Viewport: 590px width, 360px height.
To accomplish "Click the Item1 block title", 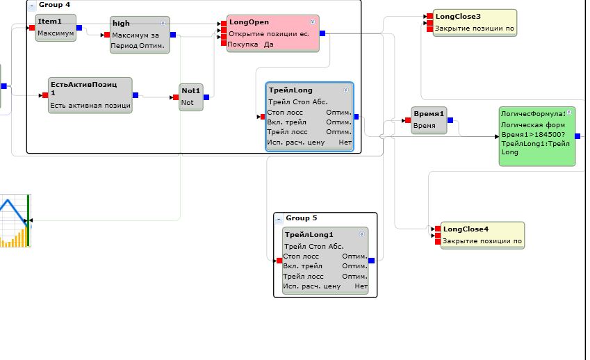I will [49, 22].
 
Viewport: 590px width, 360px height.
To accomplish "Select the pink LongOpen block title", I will [249, 22].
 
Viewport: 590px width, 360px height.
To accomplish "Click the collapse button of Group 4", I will [32, 5].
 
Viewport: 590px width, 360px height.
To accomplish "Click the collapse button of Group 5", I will [279, 219].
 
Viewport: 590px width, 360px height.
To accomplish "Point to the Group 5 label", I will [302, 218].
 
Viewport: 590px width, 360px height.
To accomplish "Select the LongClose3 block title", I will [457, 16].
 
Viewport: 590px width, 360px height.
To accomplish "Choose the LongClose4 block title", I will [466, 229].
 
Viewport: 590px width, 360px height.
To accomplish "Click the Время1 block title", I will [429, 113].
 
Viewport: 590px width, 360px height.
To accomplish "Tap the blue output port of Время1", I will [450, 120].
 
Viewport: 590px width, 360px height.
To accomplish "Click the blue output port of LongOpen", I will [322, 33].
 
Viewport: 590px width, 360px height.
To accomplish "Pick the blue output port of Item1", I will [79, 28].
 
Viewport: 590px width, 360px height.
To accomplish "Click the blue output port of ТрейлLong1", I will [372, 261].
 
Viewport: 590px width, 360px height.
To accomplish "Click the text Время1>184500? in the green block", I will [533, 134].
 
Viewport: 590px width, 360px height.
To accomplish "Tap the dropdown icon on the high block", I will [163, 23].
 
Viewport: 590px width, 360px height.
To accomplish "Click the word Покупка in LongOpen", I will [241, 44].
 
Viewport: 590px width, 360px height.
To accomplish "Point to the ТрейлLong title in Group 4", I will [290, 90].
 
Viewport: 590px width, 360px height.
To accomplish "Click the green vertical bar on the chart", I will [28, 220].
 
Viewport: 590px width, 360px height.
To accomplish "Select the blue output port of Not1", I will [206, 97].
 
